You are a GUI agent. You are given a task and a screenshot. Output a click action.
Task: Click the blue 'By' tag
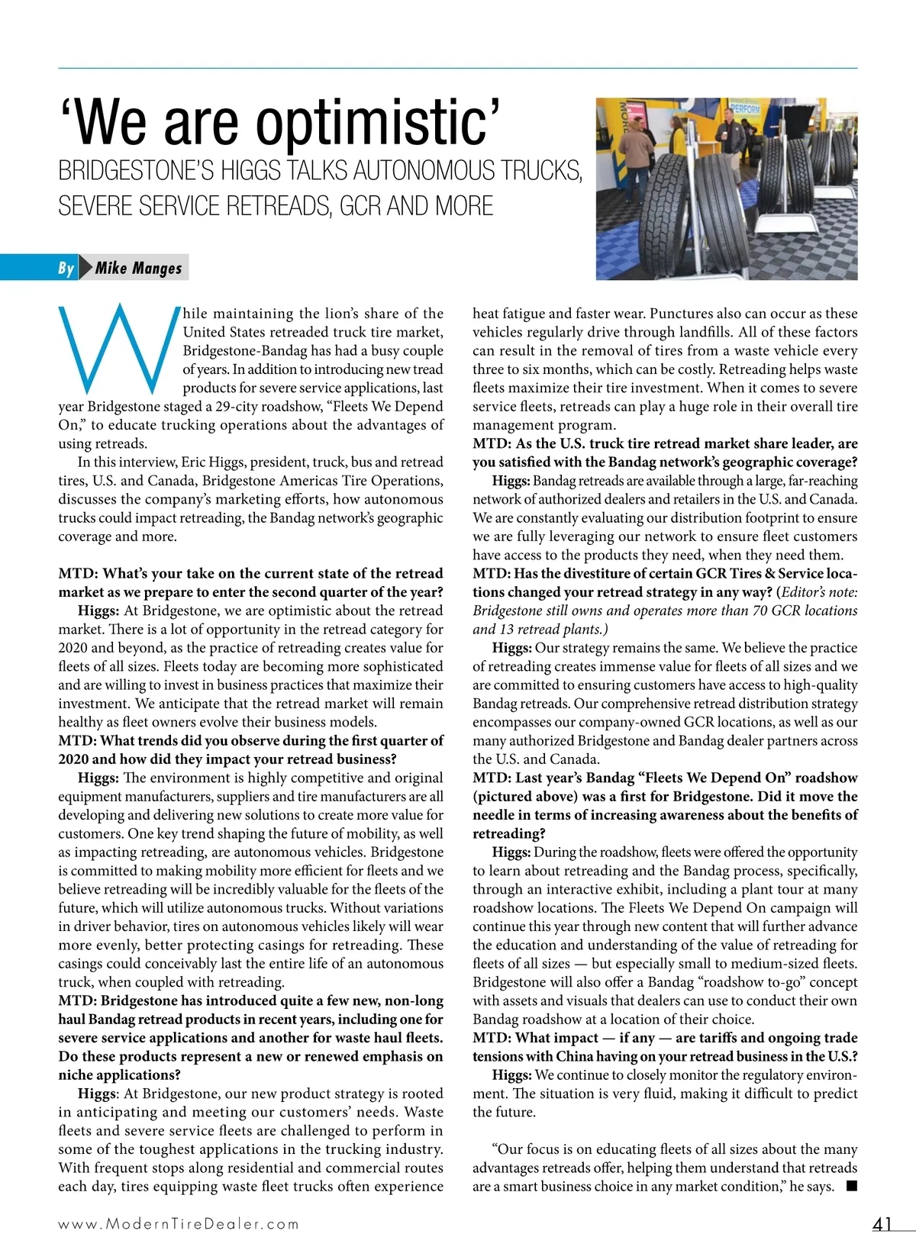(x=66, y=268)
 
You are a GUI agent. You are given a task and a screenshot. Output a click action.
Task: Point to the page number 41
(x=882, y=1224)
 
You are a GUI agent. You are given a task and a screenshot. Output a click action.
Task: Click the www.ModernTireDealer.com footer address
(x=179, y=1224)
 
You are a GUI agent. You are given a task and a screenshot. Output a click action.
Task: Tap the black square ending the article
(x=852, y=1186)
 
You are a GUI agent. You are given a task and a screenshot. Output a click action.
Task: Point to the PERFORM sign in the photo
(x=744, y=109)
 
